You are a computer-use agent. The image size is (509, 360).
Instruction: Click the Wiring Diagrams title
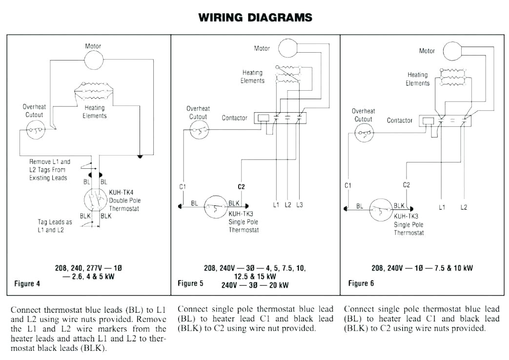255,18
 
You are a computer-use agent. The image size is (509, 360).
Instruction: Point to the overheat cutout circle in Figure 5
199,130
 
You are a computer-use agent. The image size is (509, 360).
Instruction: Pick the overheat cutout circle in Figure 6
364,133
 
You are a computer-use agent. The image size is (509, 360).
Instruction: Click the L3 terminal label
299,205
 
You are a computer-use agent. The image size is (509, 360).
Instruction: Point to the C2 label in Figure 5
241,187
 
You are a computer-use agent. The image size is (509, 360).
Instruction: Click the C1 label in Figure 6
348,185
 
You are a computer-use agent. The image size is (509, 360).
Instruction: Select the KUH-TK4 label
121,192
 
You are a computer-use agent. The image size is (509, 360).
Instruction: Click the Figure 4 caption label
27,283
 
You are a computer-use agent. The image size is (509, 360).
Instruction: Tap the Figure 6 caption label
361,283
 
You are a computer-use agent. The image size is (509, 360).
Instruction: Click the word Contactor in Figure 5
234,118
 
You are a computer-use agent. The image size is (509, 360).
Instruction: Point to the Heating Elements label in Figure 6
418,79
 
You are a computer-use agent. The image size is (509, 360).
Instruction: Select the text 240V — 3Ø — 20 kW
255,285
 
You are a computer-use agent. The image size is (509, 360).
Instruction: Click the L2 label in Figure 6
464,207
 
